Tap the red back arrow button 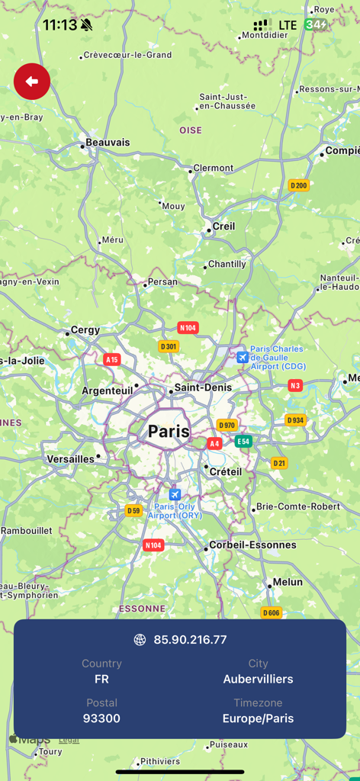click(x=32, y=82)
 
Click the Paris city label click(x=169, y=432)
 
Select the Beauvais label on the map click(x=108, y=143)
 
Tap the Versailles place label click(x=71, y=459)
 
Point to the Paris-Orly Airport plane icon click(x=175, y=495)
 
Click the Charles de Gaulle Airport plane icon click(x=243, y=357)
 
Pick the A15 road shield click(x=112, y=359)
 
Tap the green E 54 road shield click(x=243, y=441)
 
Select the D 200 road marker click(x=298, y=185)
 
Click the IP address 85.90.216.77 click(x=190, y=640)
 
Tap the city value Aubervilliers click(x=258, y=679)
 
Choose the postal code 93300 click(x=101, y=718)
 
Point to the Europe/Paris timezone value click(x=258, y=718)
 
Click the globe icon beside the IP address click(x=140, y=640)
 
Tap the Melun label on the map click(x=288, y=582)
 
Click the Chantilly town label click(x=227, y=264)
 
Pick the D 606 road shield click(x=271, y=612)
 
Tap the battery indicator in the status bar click(x=316, y=25)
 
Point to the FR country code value click(x=101, y=679)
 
